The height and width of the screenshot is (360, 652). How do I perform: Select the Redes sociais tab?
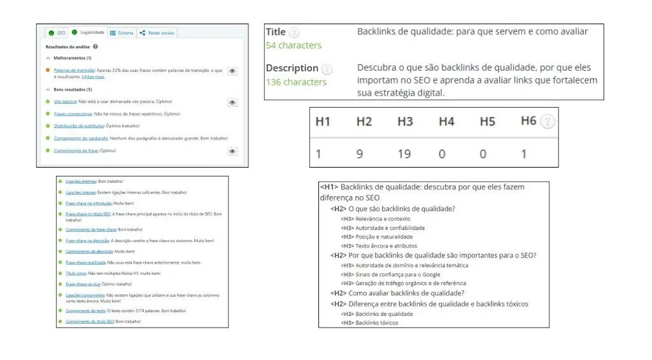click(x=158, y=32)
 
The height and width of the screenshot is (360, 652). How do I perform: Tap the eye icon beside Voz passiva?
click(x=232, y=102)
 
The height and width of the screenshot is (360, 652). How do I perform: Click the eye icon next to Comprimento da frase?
click(x=232, y=151)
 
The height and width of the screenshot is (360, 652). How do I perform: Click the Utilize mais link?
click(x=94, y=76)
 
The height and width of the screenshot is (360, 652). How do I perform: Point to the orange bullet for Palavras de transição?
click(x=48, y=70)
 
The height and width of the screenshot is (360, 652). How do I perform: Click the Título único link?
click(x=74, y=273)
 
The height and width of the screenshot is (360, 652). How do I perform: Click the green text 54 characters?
click(x=294, y=45)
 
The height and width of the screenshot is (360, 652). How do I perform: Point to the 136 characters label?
click(x=296, y=82)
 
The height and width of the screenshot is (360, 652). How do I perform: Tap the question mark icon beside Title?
click(x=294, y=32)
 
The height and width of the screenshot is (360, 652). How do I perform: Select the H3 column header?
click(x=405, y=122)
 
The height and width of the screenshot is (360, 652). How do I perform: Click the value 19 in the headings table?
click(x=404, y=154)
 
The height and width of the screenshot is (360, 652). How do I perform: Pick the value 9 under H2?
click(x=359, y=154)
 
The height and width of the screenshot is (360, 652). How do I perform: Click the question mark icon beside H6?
click(x=547, y=122)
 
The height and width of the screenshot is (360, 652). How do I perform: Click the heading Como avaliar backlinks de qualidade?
click(x=406, y=294)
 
